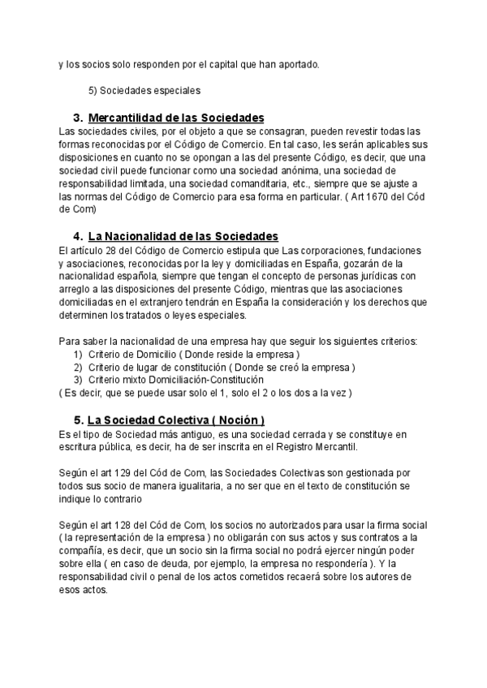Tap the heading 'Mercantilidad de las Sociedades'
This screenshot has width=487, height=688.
point(175,118)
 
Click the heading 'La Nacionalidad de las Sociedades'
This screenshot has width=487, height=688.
point(183,236)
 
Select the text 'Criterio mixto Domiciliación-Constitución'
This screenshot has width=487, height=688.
point(175,380)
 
